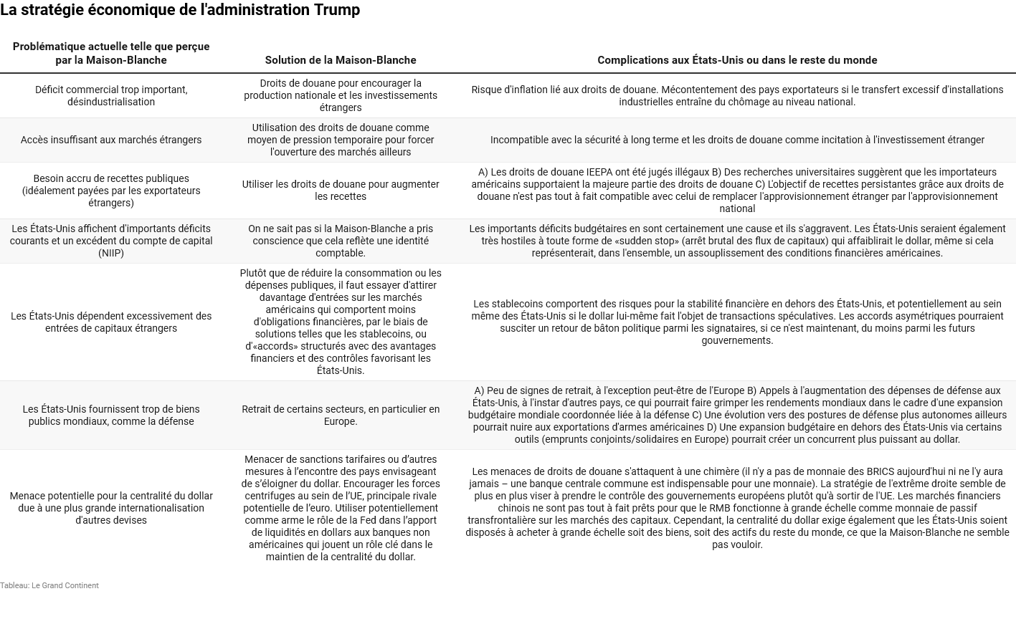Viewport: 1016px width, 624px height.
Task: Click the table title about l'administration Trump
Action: pyautogui.click(x=180, y=10)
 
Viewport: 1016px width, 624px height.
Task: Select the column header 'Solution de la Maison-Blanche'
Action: pyautogui.click(x=341, y=60)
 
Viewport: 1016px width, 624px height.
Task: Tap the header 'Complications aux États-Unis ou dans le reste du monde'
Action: pyautogui.click(x=737, y=60)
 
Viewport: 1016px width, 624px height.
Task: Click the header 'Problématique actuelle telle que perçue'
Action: pyautogui.click(x=111, y=47)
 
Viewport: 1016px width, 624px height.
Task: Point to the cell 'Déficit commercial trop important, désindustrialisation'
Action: pyautogui.click(x=111, y=96)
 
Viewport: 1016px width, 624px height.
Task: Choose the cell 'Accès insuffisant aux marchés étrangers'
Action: pyautogui.click(x=111, y=140)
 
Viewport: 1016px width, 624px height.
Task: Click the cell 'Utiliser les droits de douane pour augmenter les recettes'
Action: pyautogui.click(x=341, y=190)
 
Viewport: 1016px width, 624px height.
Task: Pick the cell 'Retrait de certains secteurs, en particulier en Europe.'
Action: pyautogui.click(x=341, y=415)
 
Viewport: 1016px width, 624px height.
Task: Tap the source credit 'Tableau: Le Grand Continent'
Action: pyautogui.click(x=49, y=585)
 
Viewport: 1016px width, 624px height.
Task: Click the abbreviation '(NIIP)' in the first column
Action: pyautogui.click(x=111, y=253)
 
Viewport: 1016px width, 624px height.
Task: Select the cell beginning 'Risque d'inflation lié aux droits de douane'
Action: pyautogui.click(x=737, y=95)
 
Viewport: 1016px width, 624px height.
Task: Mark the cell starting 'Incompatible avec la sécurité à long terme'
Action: pyautogui.click(x=737, y=140)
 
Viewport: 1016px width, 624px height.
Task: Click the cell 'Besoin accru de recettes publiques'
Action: pyautogui.click(x=111, y=191)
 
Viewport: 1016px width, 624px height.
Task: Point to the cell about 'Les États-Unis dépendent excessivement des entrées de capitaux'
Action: pyautogui.click(x=111, y=322)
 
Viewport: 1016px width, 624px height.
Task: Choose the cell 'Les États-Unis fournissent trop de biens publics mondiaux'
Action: pyautogui.click(x=111, y=415)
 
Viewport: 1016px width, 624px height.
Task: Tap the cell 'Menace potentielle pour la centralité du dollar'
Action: pyautogui.click(x=111, y=508)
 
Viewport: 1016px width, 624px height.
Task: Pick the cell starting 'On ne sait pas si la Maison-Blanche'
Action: pyautogui.click(x=341, y=241)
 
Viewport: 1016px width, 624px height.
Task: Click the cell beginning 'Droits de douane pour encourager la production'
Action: pyautogui.click(x=341, y=95)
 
